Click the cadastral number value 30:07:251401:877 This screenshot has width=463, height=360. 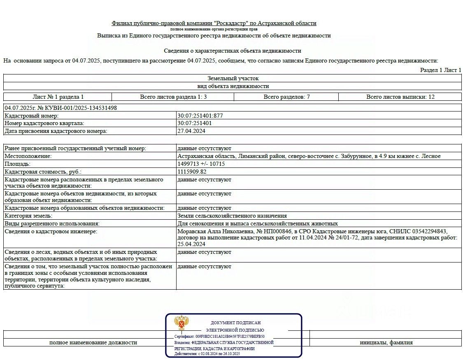[x=200, y=116]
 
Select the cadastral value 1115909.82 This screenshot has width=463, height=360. [x=192, y=172]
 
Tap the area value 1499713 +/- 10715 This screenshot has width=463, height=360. [x=201, y=164]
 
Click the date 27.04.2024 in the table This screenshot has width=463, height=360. [x=191, y=131]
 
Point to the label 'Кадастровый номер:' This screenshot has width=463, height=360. [x=32, y=116]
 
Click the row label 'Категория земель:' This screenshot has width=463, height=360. [x=28, y=216]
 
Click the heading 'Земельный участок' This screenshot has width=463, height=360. [x=233, y=78]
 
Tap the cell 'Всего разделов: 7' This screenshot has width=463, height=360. [x=286, y=97]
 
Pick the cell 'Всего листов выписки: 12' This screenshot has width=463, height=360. [x=400, y=97]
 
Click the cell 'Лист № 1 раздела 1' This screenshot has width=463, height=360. [x=58, y=97]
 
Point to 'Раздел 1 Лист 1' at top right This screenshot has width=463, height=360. [x=440, y=70]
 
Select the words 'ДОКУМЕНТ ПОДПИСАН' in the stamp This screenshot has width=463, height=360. [x=235, y=323]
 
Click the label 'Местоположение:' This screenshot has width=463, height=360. [x=28, y=156]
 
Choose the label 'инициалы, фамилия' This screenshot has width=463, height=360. [x=386, y=342]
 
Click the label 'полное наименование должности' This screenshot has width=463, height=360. [x=93, y=342]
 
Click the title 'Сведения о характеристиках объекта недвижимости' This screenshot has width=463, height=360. [x=233, y=51]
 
